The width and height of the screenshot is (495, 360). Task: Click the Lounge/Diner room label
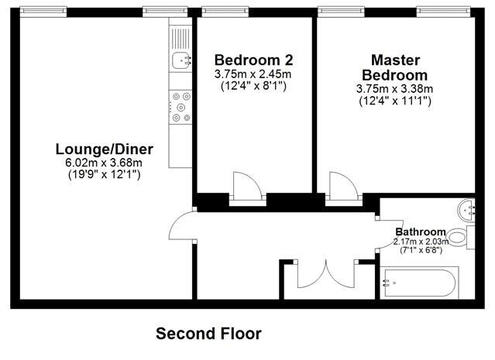coord(104,149)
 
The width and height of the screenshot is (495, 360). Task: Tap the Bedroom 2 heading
coord(254,60)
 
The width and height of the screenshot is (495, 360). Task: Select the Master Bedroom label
coord(395,67)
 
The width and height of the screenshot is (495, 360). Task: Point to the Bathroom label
coord(421,232)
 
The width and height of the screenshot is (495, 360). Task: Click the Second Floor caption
coord(208,334)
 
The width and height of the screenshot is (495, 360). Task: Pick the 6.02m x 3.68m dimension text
coord(104,163)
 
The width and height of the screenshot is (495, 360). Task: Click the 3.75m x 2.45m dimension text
coord(253,74)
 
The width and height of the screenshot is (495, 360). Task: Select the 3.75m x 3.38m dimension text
coord(394,89)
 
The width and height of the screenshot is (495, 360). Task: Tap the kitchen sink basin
coord(181,60)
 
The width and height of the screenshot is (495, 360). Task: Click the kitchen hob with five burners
coord(180,107)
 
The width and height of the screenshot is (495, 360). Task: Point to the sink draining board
coord(180,38)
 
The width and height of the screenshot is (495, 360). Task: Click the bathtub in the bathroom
coord(419,283)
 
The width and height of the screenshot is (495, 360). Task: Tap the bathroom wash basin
coord(466,209)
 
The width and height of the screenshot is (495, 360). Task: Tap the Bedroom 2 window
coord(225,12)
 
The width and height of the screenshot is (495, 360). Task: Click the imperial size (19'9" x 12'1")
coord(104,174)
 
